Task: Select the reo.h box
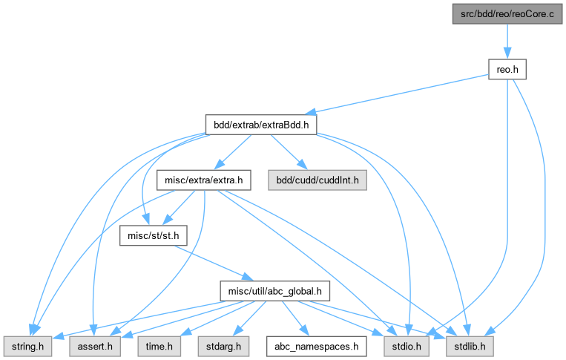point(507,69)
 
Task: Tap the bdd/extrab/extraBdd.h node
point(260,125)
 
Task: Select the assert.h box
point(93,346)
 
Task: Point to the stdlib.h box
point(467,346)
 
